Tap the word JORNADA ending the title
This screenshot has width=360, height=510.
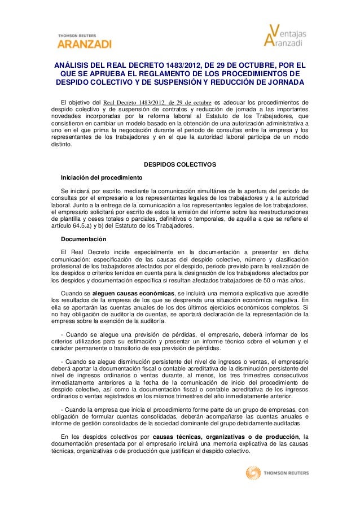[283, 84]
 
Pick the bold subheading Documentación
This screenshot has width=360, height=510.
[84, 239]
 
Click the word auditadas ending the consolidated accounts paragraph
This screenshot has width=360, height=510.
[287, 423]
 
